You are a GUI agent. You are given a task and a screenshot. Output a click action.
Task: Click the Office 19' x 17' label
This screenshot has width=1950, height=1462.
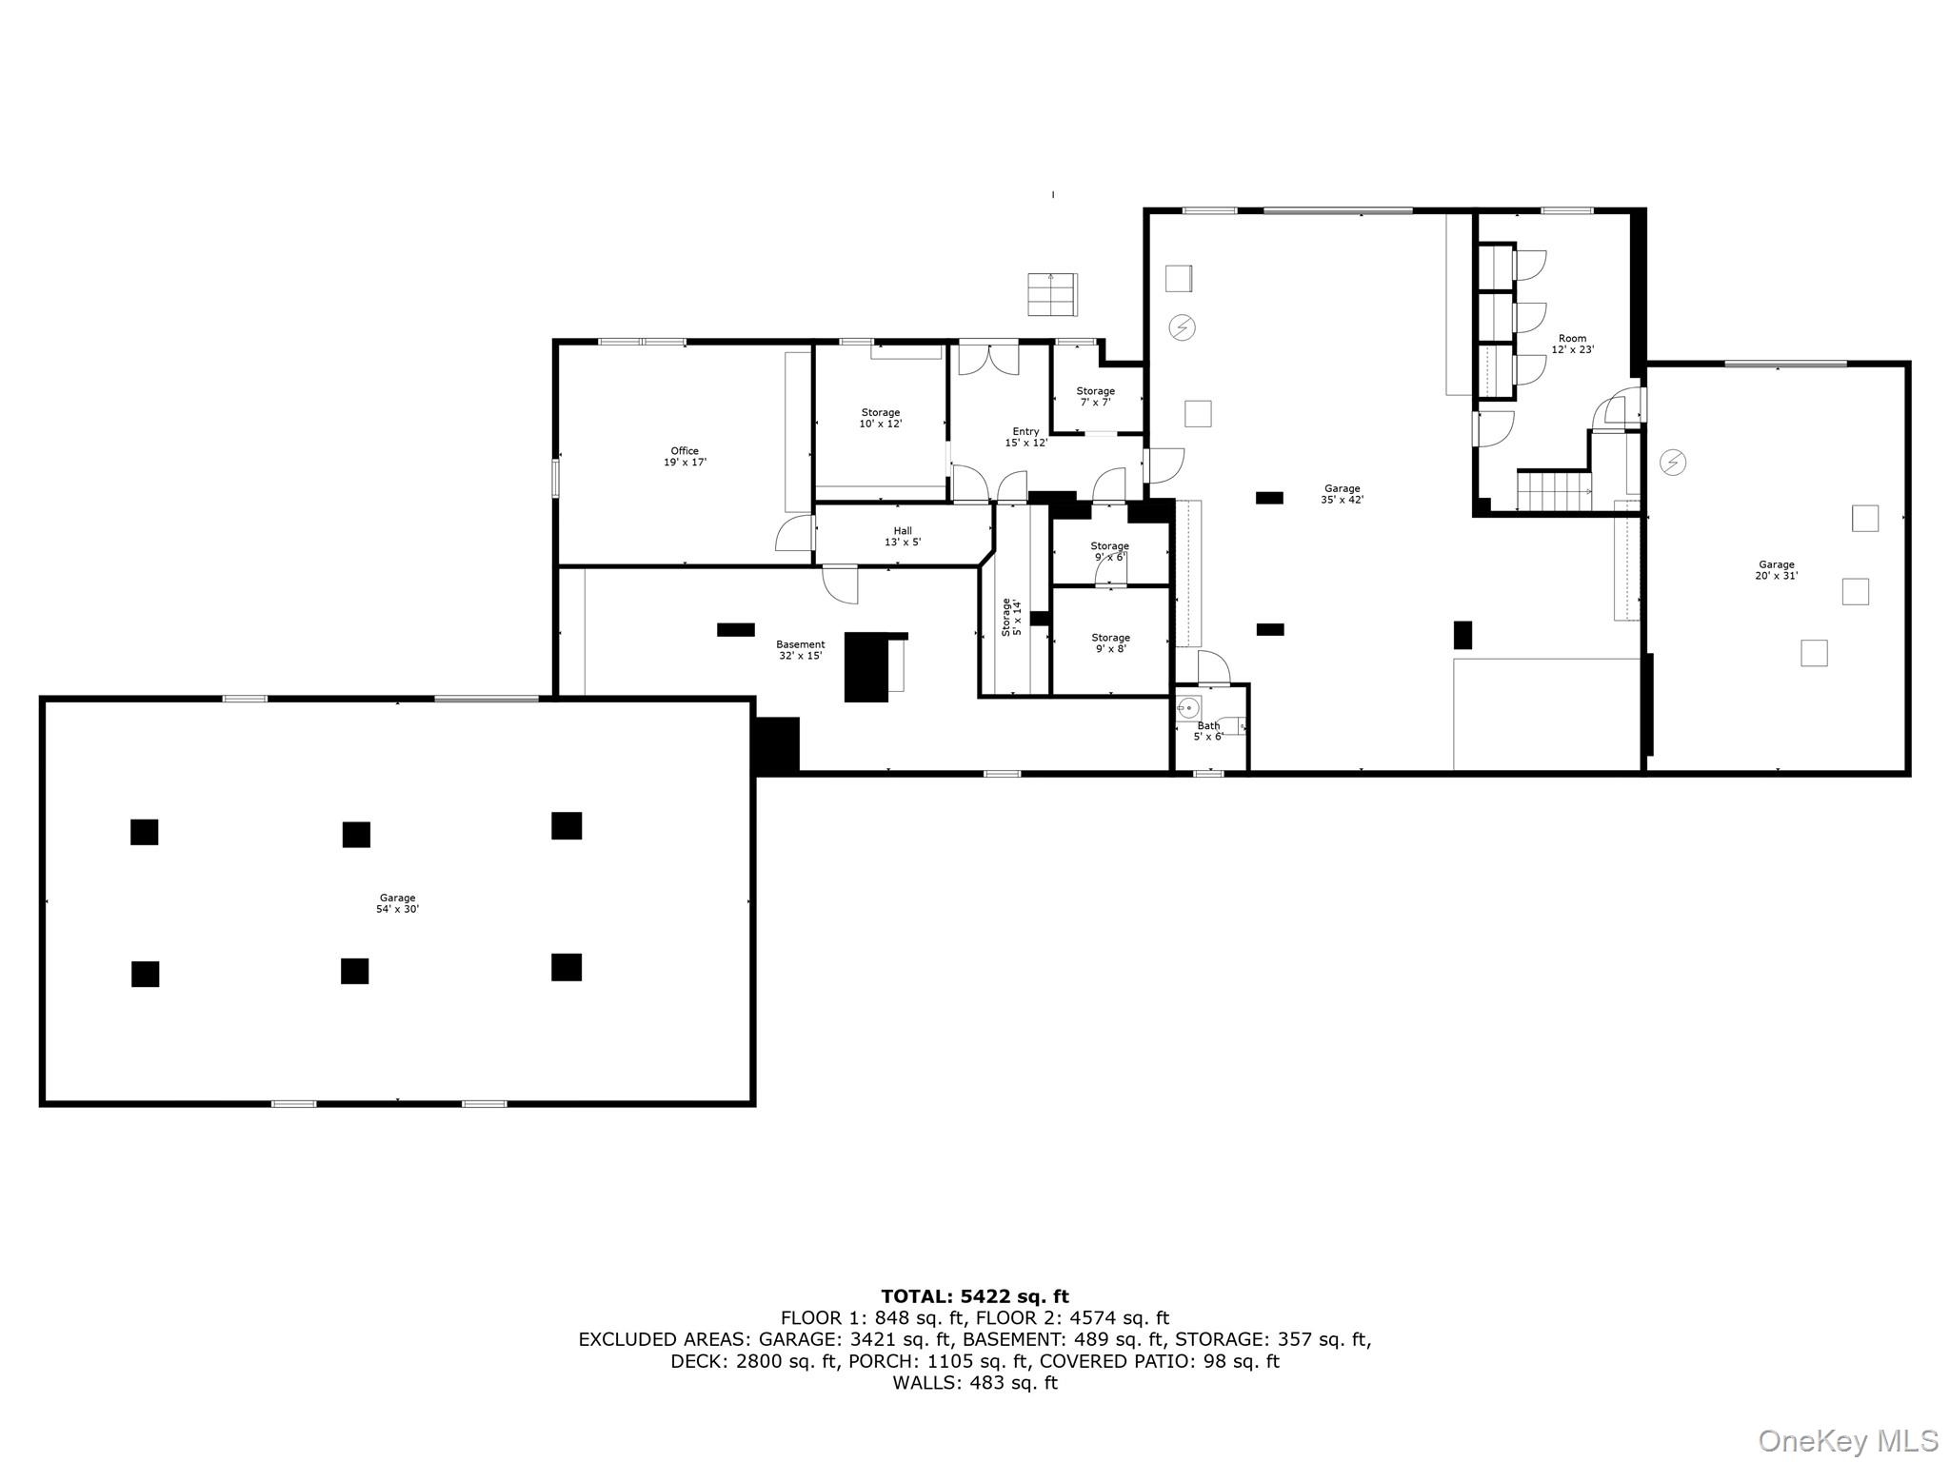click(685, 457)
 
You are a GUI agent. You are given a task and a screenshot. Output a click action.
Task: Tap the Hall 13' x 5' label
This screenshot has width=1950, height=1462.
click(903, 537)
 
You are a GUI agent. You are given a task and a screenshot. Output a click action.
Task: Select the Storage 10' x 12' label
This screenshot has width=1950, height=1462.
click(881, 418)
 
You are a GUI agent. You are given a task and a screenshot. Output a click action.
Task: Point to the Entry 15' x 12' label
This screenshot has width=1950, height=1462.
click(1025, 437)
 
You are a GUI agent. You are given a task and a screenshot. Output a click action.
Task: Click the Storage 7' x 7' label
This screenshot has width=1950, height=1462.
click(1095, 396)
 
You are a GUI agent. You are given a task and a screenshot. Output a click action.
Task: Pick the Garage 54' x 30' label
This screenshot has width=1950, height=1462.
click(397, 903)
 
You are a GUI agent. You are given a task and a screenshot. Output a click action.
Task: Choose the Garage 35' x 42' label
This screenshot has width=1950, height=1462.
click(1342, 494)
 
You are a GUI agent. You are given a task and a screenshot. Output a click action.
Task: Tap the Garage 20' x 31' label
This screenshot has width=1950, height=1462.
click(1776, 570)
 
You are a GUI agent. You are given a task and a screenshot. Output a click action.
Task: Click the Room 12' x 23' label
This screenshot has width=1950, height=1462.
click(1572, 344)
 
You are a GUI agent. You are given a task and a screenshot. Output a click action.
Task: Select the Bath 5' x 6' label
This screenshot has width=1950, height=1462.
click(1208, 731)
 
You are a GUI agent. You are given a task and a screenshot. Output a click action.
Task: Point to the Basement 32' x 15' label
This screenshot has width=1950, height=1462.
click(800, 650)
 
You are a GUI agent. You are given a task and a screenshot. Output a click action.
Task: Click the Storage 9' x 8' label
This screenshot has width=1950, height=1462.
click(1110, 643)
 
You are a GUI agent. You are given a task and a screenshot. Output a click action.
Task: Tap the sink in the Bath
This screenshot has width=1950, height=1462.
click(1187, 707)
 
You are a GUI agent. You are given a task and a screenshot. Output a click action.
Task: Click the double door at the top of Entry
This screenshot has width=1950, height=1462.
click(988, 358)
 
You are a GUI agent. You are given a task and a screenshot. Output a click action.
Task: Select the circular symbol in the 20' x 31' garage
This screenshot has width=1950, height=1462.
click(1673, 463)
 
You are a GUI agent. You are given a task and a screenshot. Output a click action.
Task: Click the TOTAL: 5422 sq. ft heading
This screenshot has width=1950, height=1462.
click(974, 1296)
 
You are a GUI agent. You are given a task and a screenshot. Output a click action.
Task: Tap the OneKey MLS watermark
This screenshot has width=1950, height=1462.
click(1847, 1440)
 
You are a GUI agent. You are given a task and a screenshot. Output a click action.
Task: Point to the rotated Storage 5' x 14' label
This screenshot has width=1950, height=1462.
click(1010, 617)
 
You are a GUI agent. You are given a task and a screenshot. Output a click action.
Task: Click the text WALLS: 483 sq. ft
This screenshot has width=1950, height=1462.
click(974, 1383)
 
